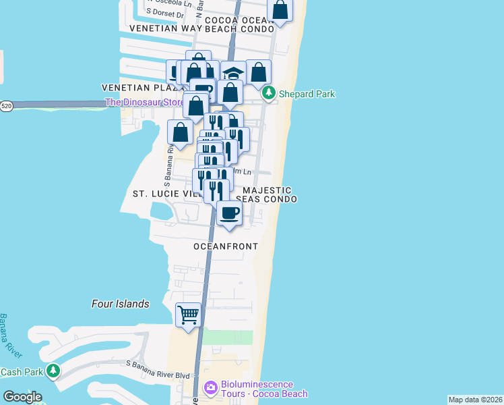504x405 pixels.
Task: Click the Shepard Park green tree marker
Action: (x=270, y=93)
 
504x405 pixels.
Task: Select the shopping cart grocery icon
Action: (x=189, y=314)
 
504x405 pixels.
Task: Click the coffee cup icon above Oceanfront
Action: (x=229, y=213)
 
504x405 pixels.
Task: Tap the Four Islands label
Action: (x=120, y=304)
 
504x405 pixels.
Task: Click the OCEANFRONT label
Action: (x=225, y=246)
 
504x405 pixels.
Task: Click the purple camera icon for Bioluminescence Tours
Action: (x=210, y=388)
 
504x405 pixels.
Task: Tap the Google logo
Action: (x=22, y=397)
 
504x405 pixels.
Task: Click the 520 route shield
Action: (x=7, y=106)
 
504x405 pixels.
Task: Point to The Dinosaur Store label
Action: (x=144, y=103)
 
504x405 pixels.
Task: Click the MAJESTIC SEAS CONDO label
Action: (x=266, y=194)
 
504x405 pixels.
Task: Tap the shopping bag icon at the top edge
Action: (x=280, y=10)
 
